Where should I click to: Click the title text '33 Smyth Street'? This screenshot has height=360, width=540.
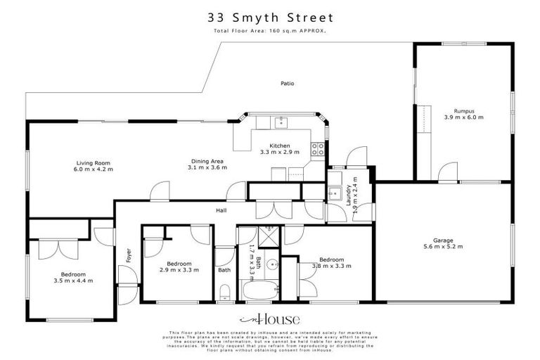(269, 17)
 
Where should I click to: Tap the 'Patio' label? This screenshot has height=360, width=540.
(287, 84)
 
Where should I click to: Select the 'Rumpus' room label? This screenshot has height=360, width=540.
(463, 111)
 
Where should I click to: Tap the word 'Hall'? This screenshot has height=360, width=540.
(221, 210)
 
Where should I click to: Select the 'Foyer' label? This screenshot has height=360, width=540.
(129, 254)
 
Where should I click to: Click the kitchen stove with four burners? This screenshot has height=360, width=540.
(318, 149)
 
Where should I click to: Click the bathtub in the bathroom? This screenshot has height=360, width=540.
(260, 290)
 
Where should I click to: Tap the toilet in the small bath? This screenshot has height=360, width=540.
(224, 292)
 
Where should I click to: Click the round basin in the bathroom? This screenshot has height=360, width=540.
(273, 265)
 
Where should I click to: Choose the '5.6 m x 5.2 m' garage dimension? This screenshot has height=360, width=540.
(443, 247)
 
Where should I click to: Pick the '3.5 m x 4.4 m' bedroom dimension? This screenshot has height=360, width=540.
(73, 281)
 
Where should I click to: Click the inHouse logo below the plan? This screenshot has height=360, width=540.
(270, 319)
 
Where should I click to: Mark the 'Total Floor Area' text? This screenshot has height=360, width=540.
(269, 32)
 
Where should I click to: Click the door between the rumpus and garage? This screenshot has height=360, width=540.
(446, 172)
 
